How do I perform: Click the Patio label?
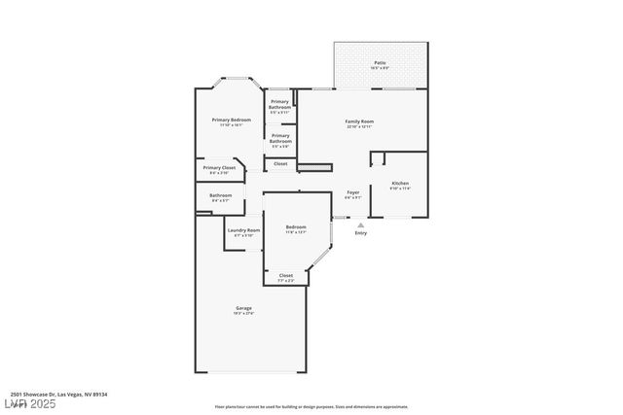coord(381,63)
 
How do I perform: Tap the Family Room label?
coord(360,121)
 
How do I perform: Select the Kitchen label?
coord(400,184)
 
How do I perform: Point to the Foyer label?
coord(353,192)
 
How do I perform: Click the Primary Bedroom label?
coord(232,120)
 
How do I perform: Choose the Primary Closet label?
coord(219,168)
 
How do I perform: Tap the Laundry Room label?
coord(243,230)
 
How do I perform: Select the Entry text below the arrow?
coord(361,233)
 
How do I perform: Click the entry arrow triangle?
coord(361,225)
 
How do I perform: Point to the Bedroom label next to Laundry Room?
coord(296,227)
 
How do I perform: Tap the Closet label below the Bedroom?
coord(286,275)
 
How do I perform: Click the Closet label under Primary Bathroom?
coord(280,163)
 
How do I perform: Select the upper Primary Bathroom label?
coord(280,104)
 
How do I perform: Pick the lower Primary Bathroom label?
coord(280,138)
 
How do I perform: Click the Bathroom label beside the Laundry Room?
coord(220,195)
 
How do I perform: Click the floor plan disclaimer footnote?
coord(311,406)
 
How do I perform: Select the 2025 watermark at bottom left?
coord(28,403)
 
